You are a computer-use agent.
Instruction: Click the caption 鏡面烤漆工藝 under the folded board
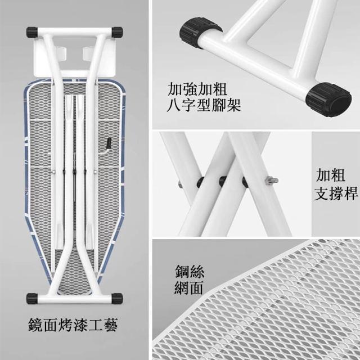(73, 325)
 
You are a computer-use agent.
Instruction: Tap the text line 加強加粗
(197, 89)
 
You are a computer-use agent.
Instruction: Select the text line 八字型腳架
(204, 105)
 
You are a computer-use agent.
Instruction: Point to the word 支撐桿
(336, 193)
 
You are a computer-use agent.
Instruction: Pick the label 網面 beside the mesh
(188, 287)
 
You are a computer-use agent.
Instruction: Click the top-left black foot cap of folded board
(32, 33)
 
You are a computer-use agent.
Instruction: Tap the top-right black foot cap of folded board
(117, 33)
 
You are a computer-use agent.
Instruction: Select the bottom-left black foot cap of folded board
(32, 298)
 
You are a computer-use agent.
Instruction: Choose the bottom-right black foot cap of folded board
(117, 298)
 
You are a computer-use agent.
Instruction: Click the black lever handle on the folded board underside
(109, 143)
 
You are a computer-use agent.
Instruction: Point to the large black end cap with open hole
(328, 100)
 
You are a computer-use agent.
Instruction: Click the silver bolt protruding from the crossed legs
(271, 181)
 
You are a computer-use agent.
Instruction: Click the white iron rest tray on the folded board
(74, 57)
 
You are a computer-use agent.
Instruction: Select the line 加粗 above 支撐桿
(330, 175)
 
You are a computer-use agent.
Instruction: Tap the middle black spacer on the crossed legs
(223, 181)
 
